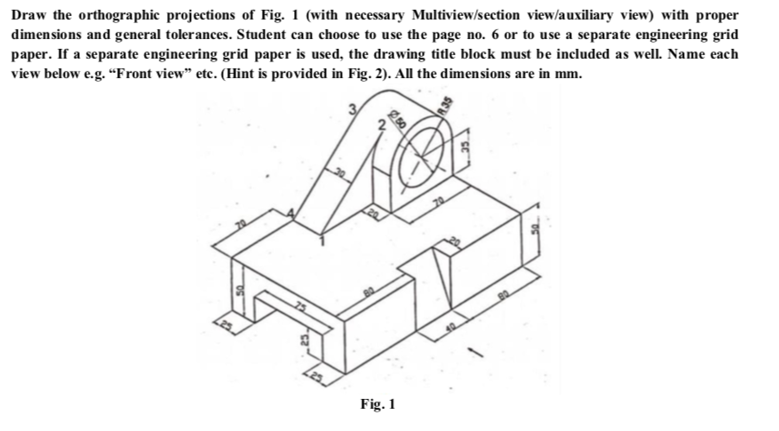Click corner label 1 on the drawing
pos(322,239)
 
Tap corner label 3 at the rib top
pos(354,110)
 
